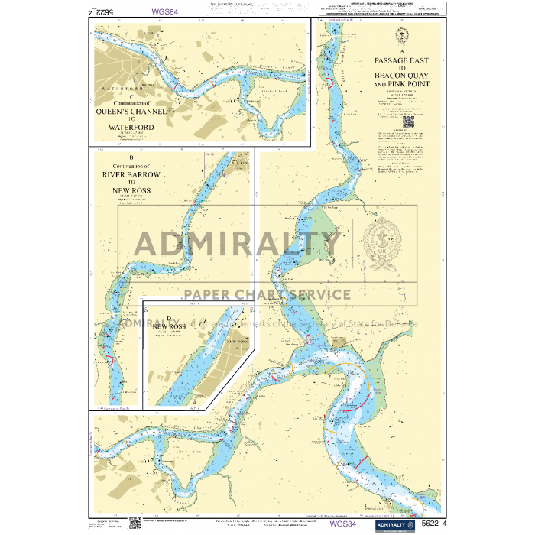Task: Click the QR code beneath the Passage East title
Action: click(x=407, y=119)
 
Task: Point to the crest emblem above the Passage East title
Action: click(x=403, y=34)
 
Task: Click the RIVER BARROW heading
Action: click(x=131, y=175)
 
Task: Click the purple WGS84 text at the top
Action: click(x=166, y=11)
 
